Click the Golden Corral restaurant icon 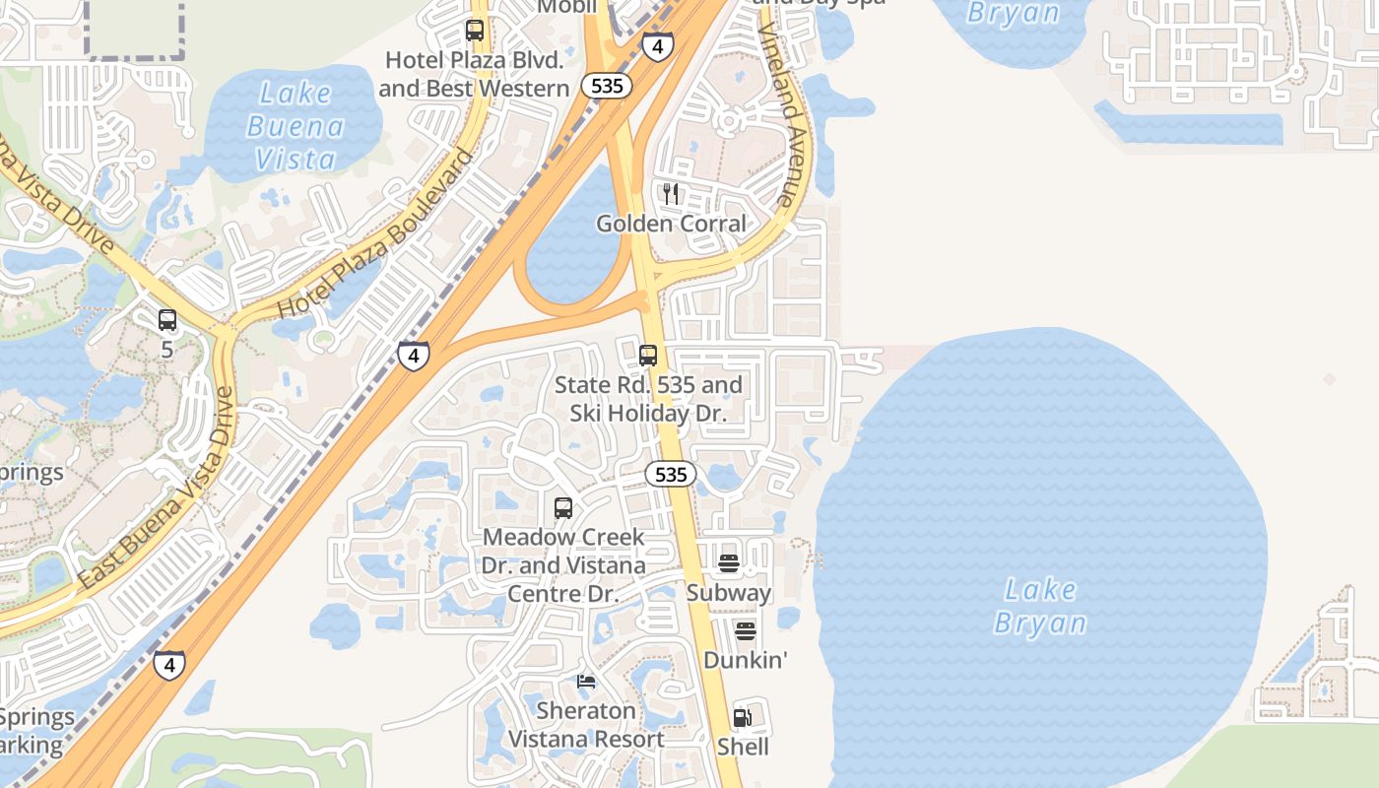click(x=671, y=193)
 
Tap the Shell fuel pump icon click(x=743, y=718)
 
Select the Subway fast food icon click(x=729, y=563)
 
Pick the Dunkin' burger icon click(x=746, y=630)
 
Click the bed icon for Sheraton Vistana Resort click(x=586, y=682)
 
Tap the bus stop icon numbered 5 click(x=167, y=320)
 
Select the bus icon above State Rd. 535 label click(x=648, y=356)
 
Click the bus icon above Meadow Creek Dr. click(x=563, y=508)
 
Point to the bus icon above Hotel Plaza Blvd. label click(x=475, y=31)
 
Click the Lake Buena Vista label click(x=295, y=126)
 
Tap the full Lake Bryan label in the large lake click(x=1040, y=607)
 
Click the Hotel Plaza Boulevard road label click(x=376, y=233)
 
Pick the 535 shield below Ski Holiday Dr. click(x=671, y=475)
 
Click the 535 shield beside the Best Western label click(x=607, y=86)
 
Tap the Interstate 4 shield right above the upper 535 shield click(x=658, y=45)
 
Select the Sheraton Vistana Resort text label click(x=586, y=725)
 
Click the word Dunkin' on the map click(x=746, y=660)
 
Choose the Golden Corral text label click(x=672, y=224)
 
